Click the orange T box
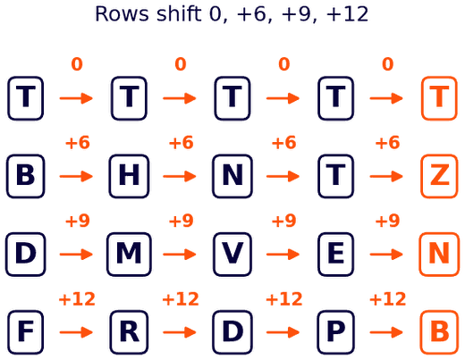(439, 98)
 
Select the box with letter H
(129, 176)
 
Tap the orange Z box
(439, 176)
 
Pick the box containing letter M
(129, 255)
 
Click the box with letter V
(232, 255)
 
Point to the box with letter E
(335, 255)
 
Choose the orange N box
(439, 255)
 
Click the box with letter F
(26, 332)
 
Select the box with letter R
(129, 332)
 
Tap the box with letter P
(335, 332)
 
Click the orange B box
(439, 332)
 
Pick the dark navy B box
(26, 176)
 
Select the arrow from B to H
(76, 176)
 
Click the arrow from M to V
(180, 255)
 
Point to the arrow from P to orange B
(386, 332)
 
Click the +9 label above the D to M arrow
(77, 221)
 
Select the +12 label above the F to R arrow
(77, 299)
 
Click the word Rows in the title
(122, 14)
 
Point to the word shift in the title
(179, 13)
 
